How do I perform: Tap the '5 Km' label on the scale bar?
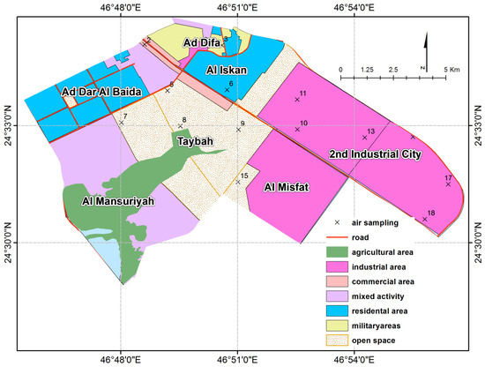coord(453,69)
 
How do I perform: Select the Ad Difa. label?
coord(202,42)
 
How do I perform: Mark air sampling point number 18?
coord(425,219)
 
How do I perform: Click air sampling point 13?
coord(364,137)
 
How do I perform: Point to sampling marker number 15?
coord(238,182)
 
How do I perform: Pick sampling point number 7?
coord(121,123)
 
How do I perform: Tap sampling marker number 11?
coord(297,99)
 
